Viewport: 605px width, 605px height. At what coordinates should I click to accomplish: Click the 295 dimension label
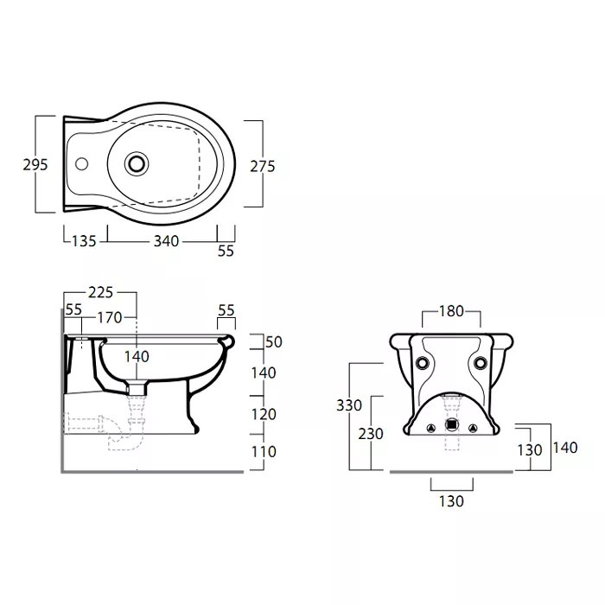(x=35, y=165)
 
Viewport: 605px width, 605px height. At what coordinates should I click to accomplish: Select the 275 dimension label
(x=263, y=166)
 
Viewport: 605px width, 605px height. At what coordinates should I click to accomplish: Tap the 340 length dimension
(x=166, y=241)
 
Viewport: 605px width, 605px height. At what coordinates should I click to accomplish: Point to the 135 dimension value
(x=84, y=241)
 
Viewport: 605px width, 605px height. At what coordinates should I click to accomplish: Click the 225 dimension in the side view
(x=101, y=292)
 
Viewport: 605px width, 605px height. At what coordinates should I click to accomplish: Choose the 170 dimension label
(x=109, y=317)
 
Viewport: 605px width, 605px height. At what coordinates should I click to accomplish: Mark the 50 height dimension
(x=274, y=342)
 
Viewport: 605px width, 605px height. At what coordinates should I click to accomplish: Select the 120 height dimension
(x=264, y=414)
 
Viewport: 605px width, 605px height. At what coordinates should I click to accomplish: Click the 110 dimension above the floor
(x=264, y=451)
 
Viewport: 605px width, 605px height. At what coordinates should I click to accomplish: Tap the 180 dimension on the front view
(x=451, y=311)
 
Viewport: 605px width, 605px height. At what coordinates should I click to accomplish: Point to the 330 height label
(x=349, y=405)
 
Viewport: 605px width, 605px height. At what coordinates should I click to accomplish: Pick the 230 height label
(x=371, y=434)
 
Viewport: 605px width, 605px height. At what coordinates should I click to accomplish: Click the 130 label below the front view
(x=451, y=501)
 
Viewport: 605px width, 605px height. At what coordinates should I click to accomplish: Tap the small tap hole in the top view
(x=81, y=164)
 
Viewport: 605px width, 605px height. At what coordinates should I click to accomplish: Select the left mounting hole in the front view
(x=422, y=363)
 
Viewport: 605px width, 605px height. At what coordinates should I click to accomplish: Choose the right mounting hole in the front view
(x=480, y=363)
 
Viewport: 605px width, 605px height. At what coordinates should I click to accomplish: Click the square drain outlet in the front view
(x=451, y=425)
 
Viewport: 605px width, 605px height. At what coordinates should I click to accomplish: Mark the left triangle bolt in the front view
(x=431, y=428)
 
